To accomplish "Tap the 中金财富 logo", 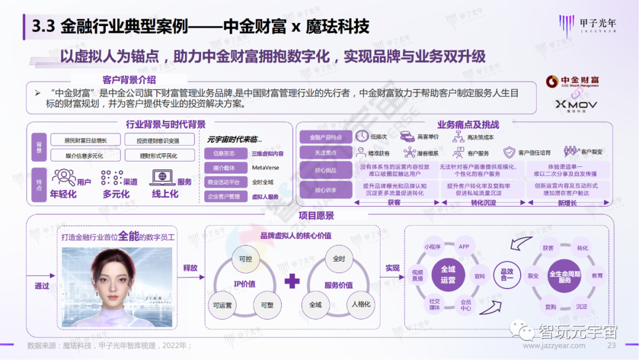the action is (x=571, y=81).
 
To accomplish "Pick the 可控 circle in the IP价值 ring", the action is (x=245, y=259).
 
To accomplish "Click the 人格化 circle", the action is (x=361, y=304).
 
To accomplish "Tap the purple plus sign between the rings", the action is (x=292, y=282).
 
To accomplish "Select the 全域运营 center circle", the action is (x=448, y=274).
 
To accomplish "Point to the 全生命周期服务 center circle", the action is (x=565, y=276).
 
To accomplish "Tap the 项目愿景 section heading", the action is (x=316, y=216).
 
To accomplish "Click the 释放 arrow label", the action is (x=190, y=268).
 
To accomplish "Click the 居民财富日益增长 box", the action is (x=86, y=140).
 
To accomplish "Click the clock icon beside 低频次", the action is (x=361, y=136).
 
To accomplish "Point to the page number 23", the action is (x=612, y=346).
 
